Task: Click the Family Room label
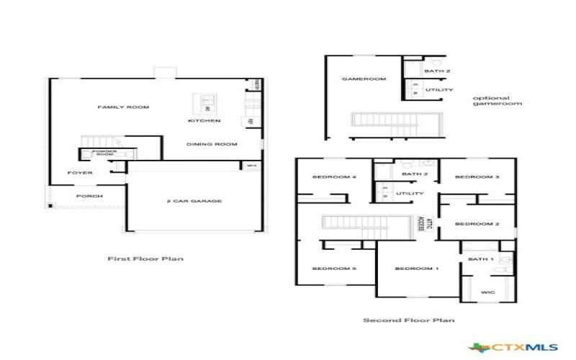point(123,107)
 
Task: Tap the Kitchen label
point(204,121)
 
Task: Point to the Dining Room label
point(212,145)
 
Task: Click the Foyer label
point(80,173)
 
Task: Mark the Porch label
point(89,196)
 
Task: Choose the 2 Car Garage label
point(194,201)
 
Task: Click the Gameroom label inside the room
point(364,78)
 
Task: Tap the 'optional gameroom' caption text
point(497,101)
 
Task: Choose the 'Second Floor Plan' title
point(408,320)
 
